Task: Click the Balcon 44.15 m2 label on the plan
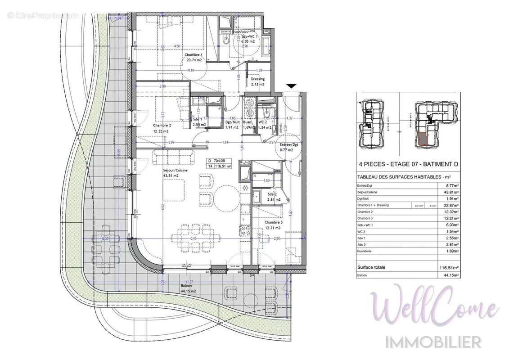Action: point(187,288)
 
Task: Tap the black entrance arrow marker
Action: point(292,86)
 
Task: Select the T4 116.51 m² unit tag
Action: point(219,166)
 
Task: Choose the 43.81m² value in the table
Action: point(450,192)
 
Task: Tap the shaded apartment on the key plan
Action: point(423,139)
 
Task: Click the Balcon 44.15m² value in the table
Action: point(450,275)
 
